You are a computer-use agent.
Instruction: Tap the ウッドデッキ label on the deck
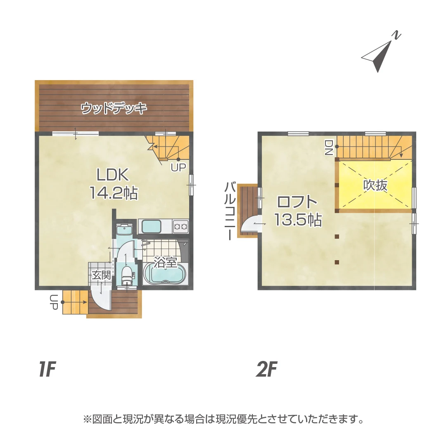(x=114, y=109)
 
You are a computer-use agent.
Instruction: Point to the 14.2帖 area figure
(x=114, y=193)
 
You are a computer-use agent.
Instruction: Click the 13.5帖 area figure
(x=298, y=220)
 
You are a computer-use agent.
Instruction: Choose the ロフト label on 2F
(x=297, y=202)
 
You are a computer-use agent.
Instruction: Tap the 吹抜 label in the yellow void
(x=375, y=185)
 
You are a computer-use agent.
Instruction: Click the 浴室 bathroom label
(x=166, y=262)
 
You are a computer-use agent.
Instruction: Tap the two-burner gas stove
(x=180, y=226)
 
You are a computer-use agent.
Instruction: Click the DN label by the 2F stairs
(x=329, y=147)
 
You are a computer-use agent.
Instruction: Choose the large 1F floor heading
(x=47, y=369)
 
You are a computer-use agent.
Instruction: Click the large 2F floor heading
(x=266, y=369)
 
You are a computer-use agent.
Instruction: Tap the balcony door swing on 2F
(x=251, y=225)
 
